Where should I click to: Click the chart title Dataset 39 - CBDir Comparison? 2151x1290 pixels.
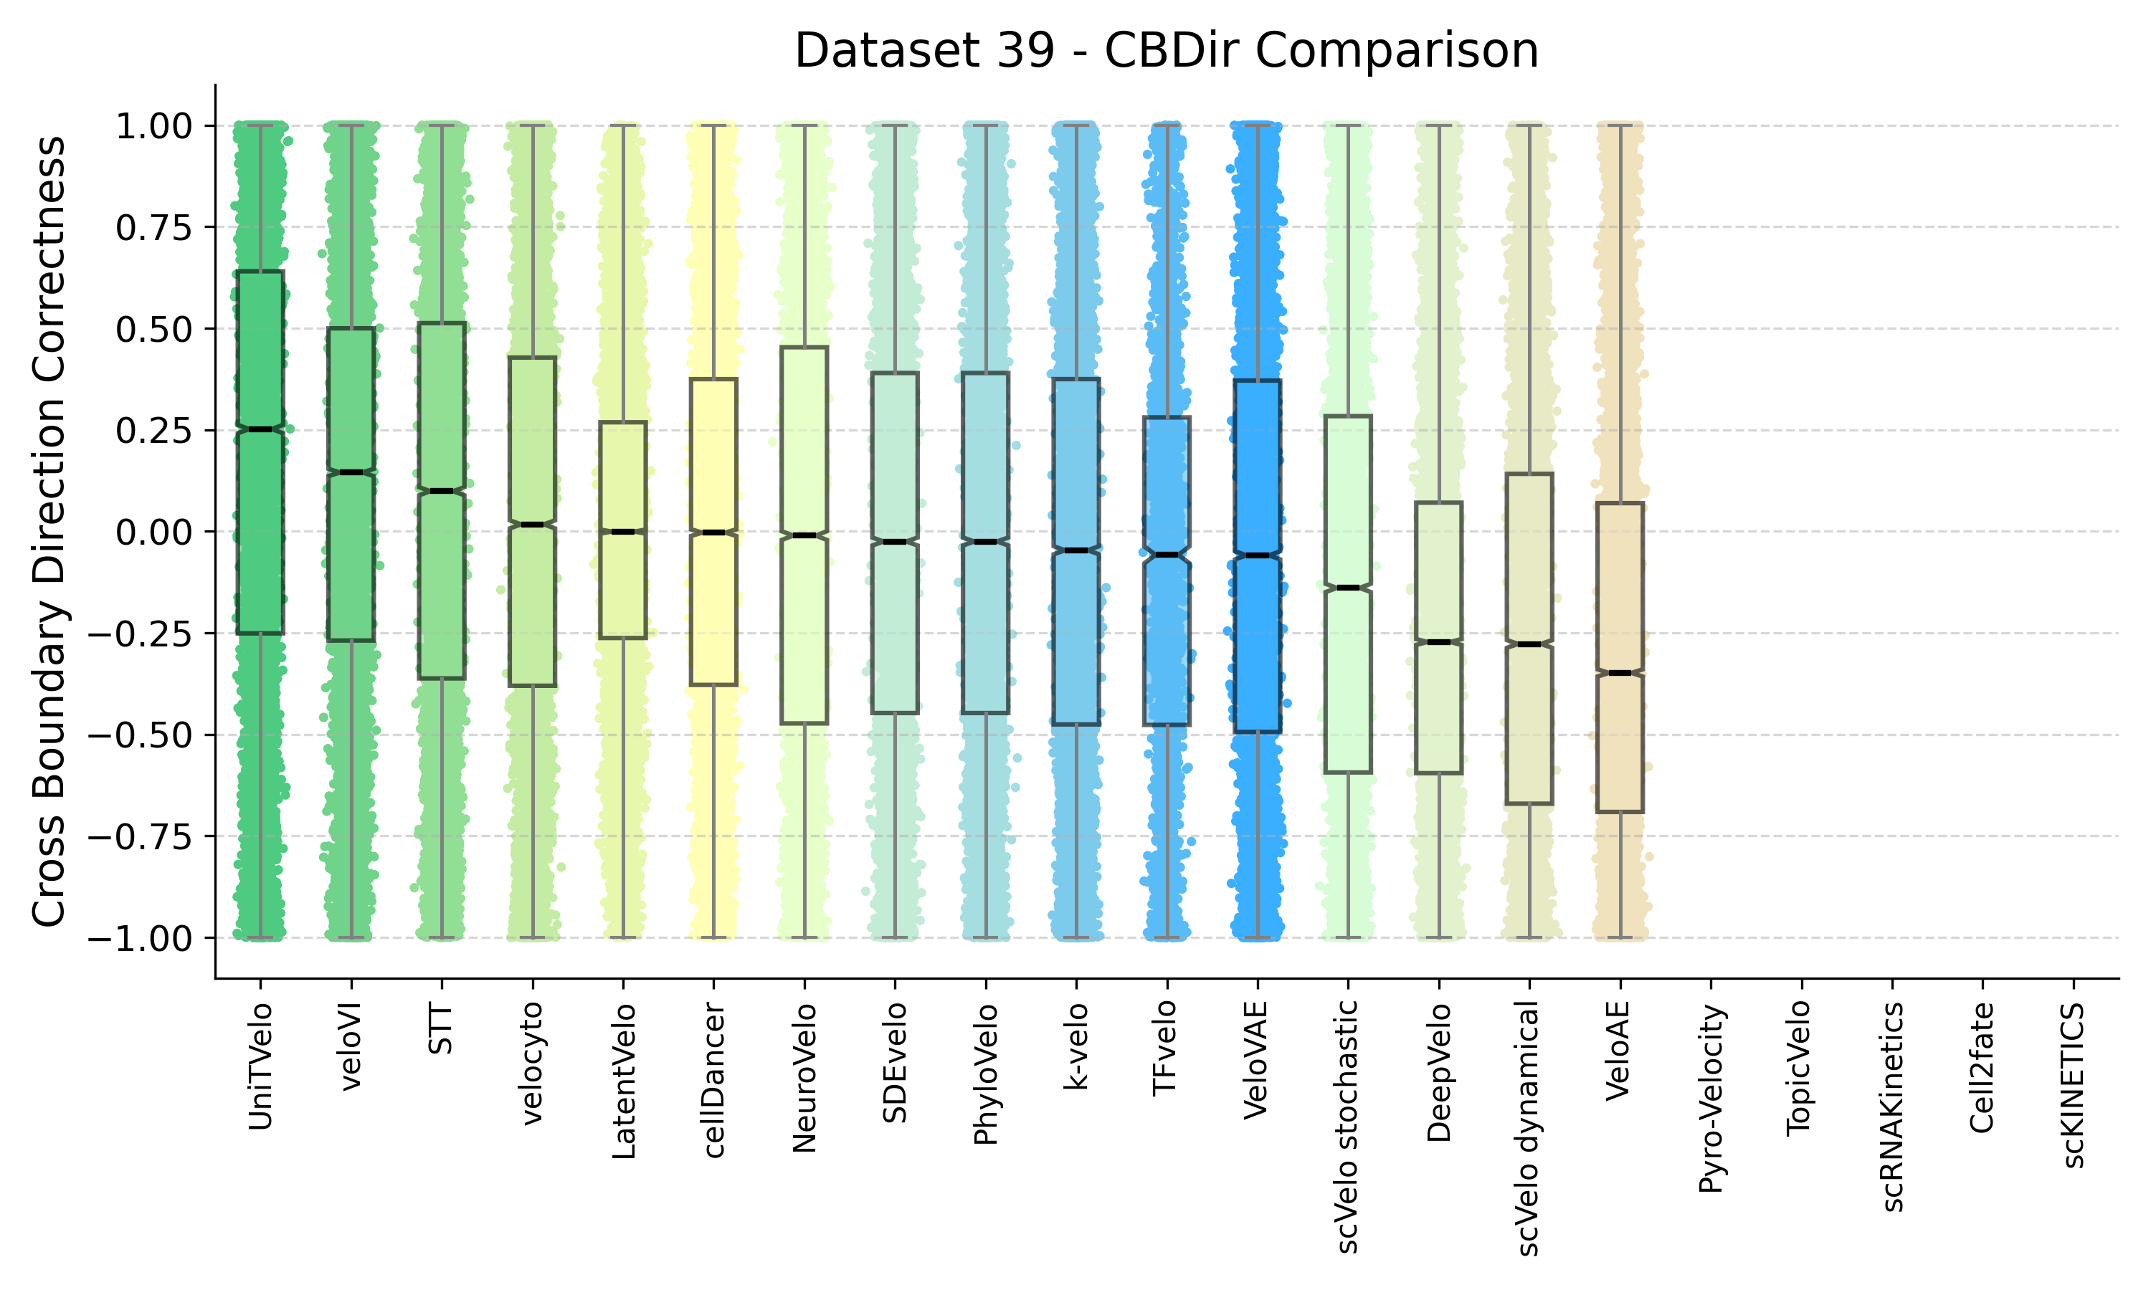point(1166,50)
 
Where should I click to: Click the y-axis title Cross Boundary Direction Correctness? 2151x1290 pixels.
point(49,531)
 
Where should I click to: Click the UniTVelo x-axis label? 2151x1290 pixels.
point(260,1066)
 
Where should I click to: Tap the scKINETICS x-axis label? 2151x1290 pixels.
point(2073,1086)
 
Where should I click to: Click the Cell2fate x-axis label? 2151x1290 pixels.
point(1983,1067)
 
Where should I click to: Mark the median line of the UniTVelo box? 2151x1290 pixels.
point(260,429)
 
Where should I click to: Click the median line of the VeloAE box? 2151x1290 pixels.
point(1620,673)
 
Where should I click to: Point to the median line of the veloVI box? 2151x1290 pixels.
point(351,472)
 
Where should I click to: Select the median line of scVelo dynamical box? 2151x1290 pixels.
point(1529,644)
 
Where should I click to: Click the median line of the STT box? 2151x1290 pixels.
point(442,491)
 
